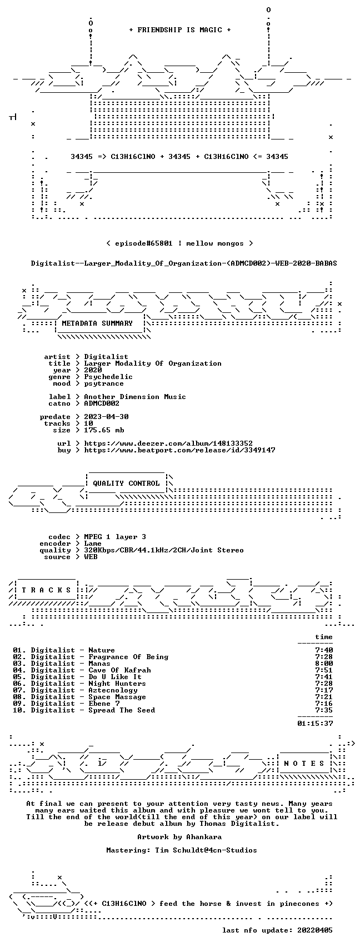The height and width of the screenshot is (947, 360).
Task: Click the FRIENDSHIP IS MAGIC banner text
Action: pyautogui.click(x=180, y=30)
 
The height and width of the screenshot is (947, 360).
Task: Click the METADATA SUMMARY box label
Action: pyautogui.click(x=97, y=323)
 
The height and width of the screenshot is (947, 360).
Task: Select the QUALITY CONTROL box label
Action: pyautogui.click(x=126, y=483)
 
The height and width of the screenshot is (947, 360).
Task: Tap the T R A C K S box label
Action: pyautogui.click(x=46, y=590)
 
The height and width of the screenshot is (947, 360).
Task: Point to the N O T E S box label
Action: pyautogui.click(x=304, y=764)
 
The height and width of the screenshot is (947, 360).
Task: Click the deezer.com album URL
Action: pyautogui.click(x=168, y=443)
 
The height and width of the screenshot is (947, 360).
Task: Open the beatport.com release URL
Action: pyautogui.click(x=179, y=450)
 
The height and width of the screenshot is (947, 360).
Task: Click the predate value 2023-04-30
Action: pyautogui.click(x=106, y=417)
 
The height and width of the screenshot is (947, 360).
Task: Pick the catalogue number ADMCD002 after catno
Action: pyautogui.click(x=102, y=403)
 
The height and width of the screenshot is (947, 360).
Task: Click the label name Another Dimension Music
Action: pyautogui.click(x=135, y=397)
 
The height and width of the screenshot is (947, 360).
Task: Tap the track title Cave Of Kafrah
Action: pyautogui.click(x=119, y=670)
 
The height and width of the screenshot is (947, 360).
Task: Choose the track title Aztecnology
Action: pyautogui.click(x=113, y=690)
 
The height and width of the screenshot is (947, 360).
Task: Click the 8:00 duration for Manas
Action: pyautogui.click(x=324, y=664)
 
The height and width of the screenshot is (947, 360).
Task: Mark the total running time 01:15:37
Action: pyautogui.click(x=315, y=724)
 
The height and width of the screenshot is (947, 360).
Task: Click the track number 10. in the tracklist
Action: pyautogui.click(x=19, y=710)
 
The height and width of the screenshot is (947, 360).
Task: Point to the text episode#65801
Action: pyautogui.click(x=144, y=243)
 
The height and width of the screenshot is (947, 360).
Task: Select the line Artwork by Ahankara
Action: pyautogui.click(x=179, y=837)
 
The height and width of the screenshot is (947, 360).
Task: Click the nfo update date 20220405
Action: pyautogui.click(x=315, y=930)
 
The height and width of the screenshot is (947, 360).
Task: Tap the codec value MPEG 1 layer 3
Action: pyautogui.click(x=115, y=537)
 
